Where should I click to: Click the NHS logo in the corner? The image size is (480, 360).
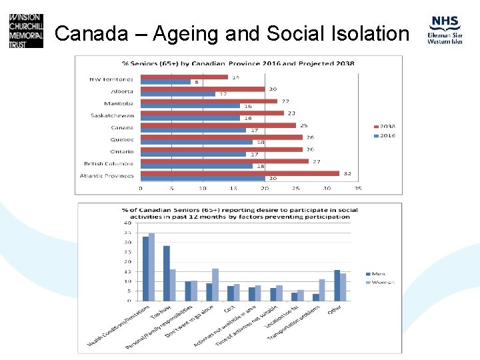pos(444,30)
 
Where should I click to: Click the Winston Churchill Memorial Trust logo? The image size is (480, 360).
pos(26,30)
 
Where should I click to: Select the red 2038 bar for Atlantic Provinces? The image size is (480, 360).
pos(240,173)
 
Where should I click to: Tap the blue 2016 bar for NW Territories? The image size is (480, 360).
pos(165,82)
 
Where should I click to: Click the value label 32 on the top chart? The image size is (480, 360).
pos(347,173)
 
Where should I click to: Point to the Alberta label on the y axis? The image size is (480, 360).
pos(122,91)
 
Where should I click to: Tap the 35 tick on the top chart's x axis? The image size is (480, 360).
pos(357,188)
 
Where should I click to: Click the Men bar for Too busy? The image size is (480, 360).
pos(167,273)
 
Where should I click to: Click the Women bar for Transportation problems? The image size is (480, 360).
pos(322,290)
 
